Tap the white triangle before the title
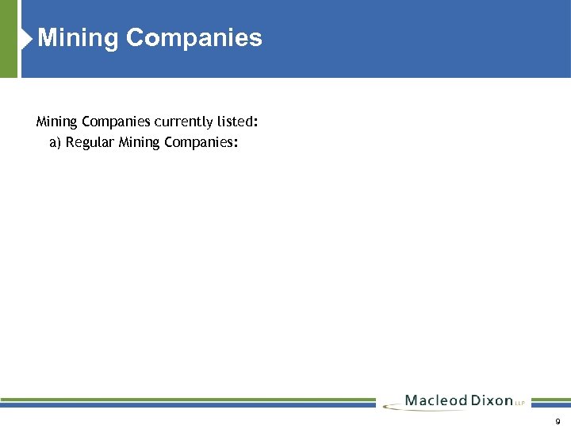pyautogui.click(x=29, y=37)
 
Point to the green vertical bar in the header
pyautogui.click(x=8, y=38)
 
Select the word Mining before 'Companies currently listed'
pyautogui.click(x=57, y=122)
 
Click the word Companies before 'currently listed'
pyautogui.click(x=115, y=122)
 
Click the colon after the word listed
pyautogui.click(x=256, y=123)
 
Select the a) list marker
pyautogui.click(x=56, y=143)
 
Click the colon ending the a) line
pyautogui.click(x=236, y=144)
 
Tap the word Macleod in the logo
pyautogui.click(x=435, y=400)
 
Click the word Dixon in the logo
pyautogui.click(x=491, y=400)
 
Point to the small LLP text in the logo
pyautogui.click(x=520, y=404)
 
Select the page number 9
pyautogui.click(x=558, y=421)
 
